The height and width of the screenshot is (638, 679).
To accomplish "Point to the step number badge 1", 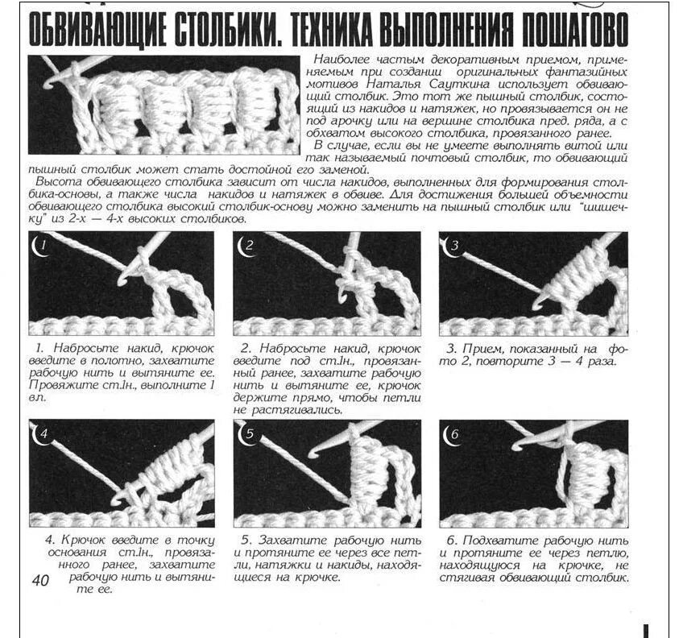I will click(41, 244).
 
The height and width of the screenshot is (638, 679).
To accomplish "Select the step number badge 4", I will click(41, 434).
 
